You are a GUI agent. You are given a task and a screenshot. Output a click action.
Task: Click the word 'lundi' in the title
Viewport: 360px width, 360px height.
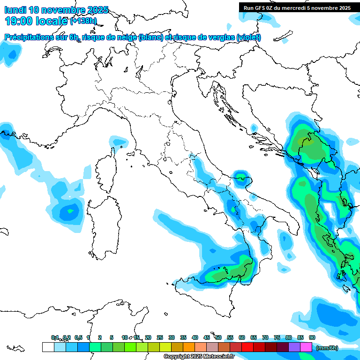pyautogui.click(x=15, y=10)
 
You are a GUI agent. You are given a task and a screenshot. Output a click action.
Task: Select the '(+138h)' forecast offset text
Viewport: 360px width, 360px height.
pyautogui.click(x=83, y=21)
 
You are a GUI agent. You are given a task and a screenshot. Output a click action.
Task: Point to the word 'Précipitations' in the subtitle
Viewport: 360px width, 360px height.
pyautogui.click(x=29, y=37)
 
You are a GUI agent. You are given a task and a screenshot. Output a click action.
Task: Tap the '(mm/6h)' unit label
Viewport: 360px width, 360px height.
pyautogui.click(x=327, y=348)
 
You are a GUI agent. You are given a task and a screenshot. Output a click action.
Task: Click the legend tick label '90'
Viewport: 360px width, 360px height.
pyautogui.click(x=312, y=337)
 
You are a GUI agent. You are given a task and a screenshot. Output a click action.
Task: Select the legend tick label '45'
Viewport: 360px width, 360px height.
pyautogui.click(x=207, y=337)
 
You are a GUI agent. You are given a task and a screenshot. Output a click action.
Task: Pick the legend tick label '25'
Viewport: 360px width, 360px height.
pyautogui.click(x=160, y=337)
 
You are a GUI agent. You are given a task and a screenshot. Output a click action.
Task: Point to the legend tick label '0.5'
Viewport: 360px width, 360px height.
pyautogui.click(x=78, y=337)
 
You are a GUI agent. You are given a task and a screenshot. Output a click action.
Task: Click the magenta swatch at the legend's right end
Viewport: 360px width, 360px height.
pyautogui.click(x=307, y=347)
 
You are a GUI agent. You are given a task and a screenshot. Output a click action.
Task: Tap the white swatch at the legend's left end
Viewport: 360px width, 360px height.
pyautogui.click(x=48, y=347)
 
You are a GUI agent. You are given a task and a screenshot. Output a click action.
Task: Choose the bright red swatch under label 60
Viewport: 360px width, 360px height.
pyautogui.click(x=247, y=347)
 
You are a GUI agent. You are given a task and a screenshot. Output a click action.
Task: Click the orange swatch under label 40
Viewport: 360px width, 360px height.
pyautogui.click(x=189, y=347)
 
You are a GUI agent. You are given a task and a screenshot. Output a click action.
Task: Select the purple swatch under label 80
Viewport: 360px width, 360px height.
pyautogui.click(x=294, y=347)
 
